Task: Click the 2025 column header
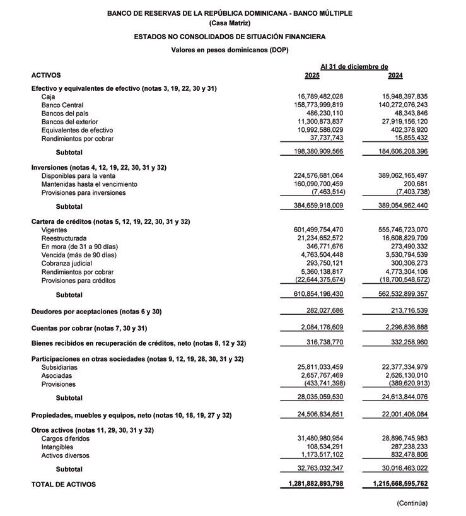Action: tap(312, 76)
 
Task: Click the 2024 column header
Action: tap(395, 76)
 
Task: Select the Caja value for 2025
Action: tap(317, 97)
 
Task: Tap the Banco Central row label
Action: tap(62, 105)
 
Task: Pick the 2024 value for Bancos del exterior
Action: tap(396, 122)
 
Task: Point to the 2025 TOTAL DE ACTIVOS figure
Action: tap(312, 484)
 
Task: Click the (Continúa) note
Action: tap(412, 503)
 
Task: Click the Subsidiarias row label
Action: tap(60, 367)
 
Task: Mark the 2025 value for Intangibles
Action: tap(321, 447)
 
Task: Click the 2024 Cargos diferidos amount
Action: tap(396, 438)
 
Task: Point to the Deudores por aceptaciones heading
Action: tap(96, 312)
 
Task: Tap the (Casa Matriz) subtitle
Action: tap(230, 23)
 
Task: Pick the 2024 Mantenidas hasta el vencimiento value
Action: tap(413, 184)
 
